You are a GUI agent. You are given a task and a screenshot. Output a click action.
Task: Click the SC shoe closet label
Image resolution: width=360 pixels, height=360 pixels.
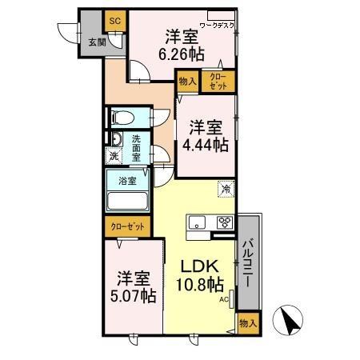click(114, 19)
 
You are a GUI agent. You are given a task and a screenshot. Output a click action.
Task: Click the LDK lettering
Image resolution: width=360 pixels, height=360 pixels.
click(195, 266)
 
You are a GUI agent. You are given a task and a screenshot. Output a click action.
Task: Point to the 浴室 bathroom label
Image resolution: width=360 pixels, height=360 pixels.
click(128, 181)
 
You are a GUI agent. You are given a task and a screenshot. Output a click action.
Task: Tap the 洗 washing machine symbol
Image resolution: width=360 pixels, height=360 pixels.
click(114, 157)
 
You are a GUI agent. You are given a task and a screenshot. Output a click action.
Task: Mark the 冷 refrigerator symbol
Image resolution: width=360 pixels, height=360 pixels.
click(228, 189)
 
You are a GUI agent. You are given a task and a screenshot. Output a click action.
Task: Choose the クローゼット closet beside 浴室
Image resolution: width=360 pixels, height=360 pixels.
click(126, 226)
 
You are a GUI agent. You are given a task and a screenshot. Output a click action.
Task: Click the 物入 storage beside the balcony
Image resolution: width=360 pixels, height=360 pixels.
click(248, 323)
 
